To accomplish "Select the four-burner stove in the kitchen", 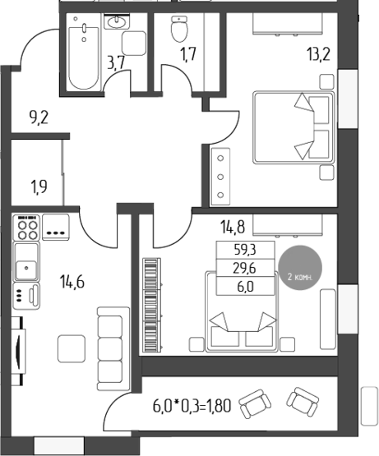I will [27, 225].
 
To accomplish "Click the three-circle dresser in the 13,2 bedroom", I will [220, 176].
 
